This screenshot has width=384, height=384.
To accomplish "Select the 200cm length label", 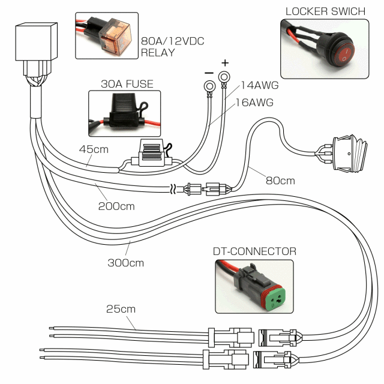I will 116,206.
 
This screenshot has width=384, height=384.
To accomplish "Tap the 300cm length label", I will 125,262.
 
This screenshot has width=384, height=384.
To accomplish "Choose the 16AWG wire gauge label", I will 254,103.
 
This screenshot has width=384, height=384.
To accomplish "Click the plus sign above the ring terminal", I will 225,62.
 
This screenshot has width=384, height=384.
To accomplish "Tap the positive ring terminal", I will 225,77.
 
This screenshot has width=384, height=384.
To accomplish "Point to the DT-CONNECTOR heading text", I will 255,251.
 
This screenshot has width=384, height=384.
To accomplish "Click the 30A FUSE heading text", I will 127,84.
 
